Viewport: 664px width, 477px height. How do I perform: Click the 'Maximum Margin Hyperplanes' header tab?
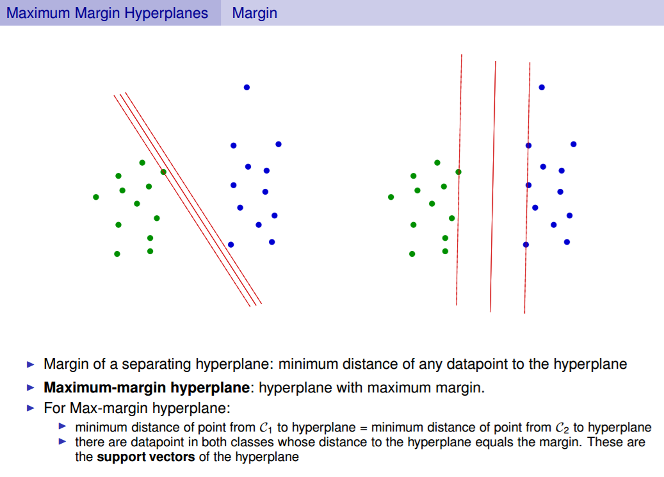tap(107, 13)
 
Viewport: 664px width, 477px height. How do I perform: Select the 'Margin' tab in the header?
tap(254, 13)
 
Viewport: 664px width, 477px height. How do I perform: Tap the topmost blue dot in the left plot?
tap(247, 87)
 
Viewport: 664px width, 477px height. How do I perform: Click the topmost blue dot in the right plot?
tap(542, 87)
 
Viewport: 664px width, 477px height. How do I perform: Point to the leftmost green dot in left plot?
tap(96, 197)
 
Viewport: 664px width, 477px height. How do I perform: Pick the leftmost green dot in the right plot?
tap(391, 197)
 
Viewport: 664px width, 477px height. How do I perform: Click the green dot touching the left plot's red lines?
tap(163, 172)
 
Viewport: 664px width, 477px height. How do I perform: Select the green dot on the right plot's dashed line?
tap(458, 172)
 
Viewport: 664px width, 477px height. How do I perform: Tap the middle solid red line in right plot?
tap(493, 186)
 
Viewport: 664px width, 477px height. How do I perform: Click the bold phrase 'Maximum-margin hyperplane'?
tap(146, 388)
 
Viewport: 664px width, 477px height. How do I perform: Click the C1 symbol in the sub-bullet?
tap(264, 428)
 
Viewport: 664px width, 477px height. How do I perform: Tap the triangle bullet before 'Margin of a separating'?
tap(31, 365)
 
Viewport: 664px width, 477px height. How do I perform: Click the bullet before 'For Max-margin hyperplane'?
tap(31, 408)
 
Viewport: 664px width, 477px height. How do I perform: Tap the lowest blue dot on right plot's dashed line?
tap(526, 245)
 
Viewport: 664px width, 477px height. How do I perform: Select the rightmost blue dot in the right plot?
tap(574, 144)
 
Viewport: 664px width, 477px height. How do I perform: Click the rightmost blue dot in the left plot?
tap(279, 144)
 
